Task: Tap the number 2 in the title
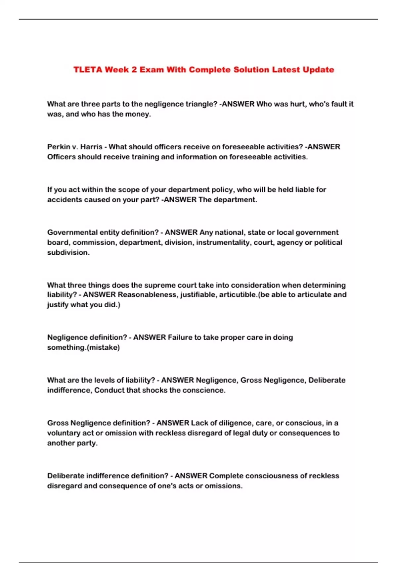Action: click(134, 70)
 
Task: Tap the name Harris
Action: click(91, 147)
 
